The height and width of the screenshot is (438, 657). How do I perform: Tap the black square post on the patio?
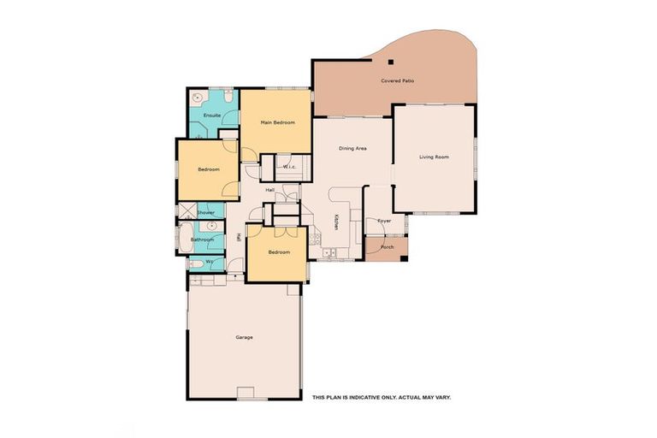coord(389,62)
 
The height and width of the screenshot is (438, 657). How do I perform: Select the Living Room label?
coord(434,157)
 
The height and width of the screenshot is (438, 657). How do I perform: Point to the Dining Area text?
coord(352,149)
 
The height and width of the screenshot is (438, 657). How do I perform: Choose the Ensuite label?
coord(212,115)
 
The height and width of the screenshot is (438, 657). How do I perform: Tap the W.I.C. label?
coord(289,166)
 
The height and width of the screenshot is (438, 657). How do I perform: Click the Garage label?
coord(244,337)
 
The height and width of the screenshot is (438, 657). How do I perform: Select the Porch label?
coord(388,246)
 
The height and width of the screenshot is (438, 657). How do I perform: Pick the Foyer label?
coord(384,221)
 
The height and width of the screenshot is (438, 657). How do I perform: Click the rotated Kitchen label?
coord(337,222)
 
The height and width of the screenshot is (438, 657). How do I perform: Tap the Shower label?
coord(206,212)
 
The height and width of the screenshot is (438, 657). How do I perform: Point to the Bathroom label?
coord(203,240)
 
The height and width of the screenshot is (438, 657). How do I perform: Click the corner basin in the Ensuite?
coord(196,97)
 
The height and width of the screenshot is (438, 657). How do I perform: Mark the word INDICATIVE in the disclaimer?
coord(358,398)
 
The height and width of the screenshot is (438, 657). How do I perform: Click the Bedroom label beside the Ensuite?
coord(209,169)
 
